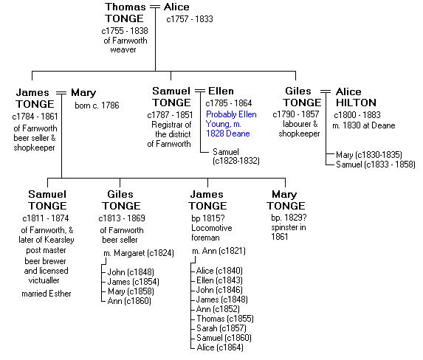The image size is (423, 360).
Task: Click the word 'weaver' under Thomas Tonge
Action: click(123, 50)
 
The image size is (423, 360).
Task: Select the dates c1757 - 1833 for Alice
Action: click(190, 19)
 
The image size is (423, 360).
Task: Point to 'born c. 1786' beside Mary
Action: click(97, 105)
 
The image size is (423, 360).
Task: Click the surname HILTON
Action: click(356, 103)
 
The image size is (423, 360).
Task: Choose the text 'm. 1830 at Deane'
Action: click(364, 125)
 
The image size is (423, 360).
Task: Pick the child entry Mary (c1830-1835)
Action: click(369, 155)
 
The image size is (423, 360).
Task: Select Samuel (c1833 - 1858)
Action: click(376, 165)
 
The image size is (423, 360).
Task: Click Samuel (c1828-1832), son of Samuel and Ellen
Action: click(236, 156)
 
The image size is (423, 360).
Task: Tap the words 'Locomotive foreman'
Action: click(212, 232)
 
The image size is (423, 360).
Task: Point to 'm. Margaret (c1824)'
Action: click(139, 253)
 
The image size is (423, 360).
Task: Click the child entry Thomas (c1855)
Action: click(225, 319)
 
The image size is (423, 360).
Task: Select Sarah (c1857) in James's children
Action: click(221, 328)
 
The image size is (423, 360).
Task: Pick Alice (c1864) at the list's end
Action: click(220, 347)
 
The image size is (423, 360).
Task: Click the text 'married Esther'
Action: click(47, 294)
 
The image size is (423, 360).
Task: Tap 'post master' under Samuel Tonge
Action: click(46, 250)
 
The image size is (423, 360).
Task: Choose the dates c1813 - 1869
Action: click(122, 218)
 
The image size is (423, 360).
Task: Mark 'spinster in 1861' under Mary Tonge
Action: click(289, 232)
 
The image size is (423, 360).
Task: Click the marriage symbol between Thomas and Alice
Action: click(155, 7)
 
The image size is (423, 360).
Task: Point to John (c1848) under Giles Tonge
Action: click(131, 272)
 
